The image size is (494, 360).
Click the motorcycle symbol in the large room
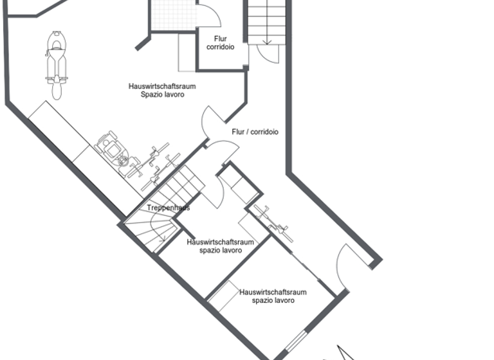[57, 64]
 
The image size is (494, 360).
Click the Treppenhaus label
[168, 208]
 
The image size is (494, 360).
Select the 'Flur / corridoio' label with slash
[255, 132]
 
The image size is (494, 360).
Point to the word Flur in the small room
[220, 39]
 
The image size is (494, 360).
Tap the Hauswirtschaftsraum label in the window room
[273, 292]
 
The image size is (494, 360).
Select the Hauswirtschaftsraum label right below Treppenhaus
[220, 242]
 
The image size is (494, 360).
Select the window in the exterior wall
[295, 341]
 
